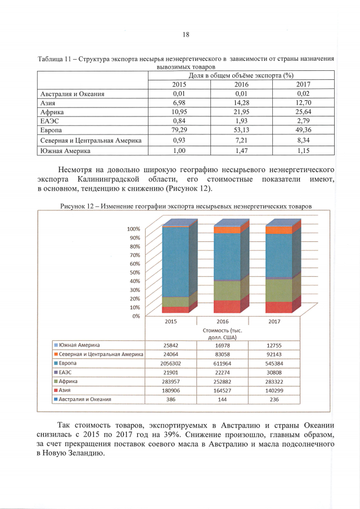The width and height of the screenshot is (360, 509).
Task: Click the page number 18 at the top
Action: tap(186, 35)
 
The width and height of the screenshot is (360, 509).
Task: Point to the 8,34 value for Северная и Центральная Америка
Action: tap(304, 139)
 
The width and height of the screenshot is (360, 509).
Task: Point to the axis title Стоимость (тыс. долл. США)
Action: tap(223, 334)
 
